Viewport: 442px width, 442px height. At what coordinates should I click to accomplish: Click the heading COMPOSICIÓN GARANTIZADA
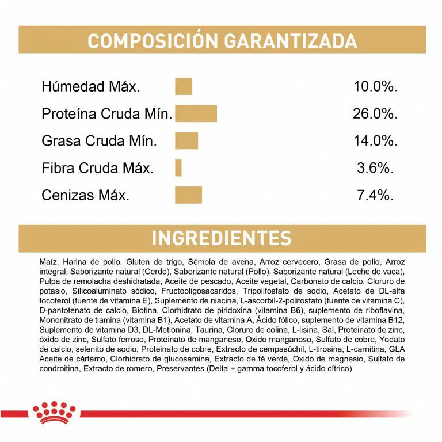click(222, 41)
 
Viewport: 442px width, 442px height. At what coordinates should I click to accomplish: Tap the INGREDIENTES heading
click(222, 238)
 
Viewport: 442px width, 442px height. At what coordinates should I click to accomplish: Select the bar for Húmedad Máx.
click(184, 87)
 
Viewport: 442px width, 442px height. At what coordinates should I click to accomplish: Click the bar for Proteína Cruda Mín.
click(196, 113)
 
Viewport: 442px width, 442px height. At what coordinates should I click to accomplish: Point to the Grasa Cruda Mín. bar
click(186, 140)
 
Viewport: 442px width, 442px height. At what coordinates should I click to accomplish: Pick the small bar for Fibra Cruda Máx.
click(178, 167)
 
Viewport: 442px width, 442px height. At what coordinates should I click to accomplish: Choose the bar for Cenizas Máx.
click(189, 195)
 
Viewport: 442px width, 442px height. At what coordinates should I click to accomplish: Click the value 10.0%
click(375, 87)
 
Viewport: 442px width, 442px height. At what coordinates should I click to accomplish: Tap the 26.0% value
click(375, 113)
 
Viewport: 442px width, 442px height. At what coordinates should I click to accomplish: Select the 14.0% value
click(375, 140)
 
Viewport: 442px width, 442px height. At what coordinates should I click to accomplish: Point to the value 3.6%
click(375, 167)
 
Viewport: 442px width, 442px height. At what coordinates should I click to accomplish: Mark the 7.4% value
click(375, 195)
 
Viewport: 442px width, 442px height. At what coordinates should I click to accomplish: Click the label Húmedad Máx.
click(90, 87)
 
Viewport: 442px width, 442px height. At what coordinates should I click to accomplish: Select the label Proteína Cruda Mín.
click(106, 114)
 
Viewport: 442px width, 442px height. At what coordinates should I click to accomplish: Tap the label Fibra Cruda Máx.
click(97, 168)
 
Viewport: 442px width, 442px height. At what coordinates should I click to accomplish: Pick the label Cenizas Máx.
click(85, 195)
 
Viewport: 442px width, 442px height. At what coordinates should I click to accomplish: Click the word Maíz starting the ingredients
click(48, 261)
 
